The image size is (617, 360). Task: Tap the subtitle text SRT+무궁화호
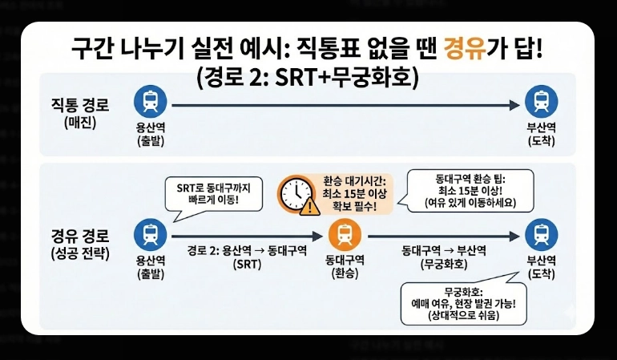[352, 79]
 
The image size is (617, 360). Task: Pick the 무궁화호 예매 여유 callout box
[464, 302]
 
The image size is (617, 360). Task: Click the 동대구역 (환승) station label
[345, 266]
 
